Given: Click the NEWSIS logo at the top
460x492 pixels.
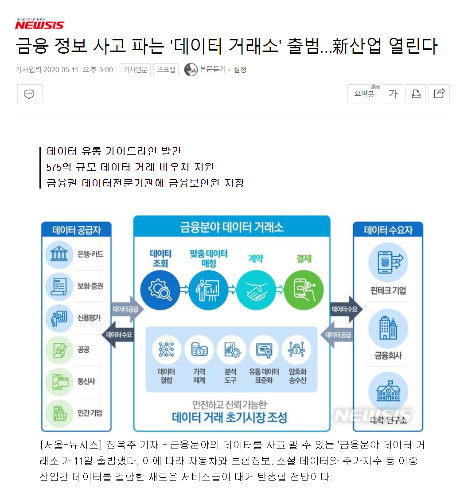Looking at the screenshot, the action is pos(39,24).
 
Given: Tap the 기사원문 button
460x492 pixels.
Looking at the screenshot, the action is pos(135,70).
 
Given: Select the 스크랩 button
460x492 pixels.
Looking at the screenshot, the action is pos(166,70).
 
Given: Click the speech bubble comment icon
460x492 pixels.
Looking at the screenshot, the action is pos(30,94).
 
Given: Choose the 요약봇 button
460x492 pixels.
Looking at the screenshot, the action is pos(364,94).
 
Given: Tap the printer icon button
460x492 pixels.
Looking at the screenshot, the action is pos(416,94).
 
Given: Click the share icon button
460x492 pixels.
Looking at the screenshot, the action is pos(439,94).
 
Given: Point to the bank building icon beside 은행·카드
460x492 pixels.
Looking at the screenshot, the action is pos(59,255).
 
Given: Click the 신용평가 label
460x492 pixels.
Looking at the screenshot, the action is pos(89,317).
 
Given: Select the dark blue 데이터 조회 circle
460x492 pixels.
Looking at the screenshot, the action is pos(160,290).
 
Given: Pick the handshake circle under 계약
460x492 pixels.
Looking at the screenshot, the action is pos(256,290).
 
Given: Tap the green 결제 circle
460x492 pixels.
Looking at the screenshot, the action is pos(304,290).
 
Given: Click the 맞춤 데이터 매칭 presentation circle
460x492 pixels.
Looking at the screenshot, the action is pos(208,290).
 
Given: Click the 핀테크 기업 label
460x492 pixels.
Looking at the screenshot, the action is pos(388,291).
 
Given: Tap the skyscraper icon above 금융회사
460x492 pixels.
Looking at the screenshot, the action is pos(388,329).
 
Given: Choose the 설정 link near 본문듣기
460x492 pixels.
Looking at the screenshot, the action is pos(240,70).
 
